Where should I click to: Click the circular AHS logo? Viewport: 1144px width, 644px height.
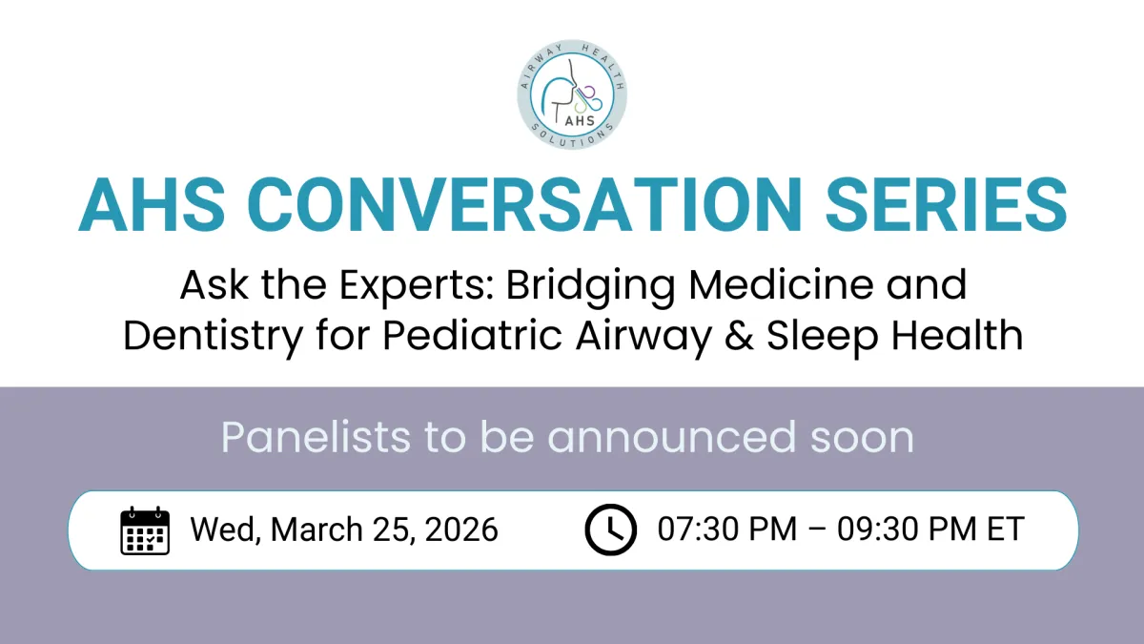point(572,94)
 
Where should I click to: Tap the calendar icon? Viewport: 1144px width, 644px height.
point(145,530)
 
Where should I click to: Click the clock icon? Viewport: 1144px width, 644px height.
point(611,530)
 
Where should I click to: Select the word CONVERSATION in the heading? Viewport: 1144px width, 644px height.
point(524,205)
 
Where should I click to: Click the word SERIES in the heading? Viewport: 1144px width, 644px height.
point(946,205)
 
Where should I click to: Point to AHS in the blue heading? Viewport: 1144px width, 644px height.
point(152,205)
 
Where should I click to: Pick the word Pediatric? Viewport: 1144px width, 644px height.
point(473,335)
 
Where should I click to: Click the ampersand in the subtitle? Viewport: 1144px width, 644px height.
point(739,335)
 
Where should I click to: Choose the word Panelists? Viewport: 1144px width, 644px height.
point(316,437)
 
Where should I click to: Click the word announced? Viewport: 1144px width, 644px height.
point(671,437)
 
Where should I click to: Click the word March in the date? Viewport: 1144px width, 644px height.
point(317,530)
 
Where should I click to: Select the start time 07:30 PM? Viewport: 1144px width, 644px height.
point(727,529)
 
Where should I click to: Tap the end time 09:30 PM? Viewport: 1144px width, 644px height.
point(907,529)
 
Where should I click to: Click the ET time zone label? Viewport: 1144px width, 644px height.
point(1006,529)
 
